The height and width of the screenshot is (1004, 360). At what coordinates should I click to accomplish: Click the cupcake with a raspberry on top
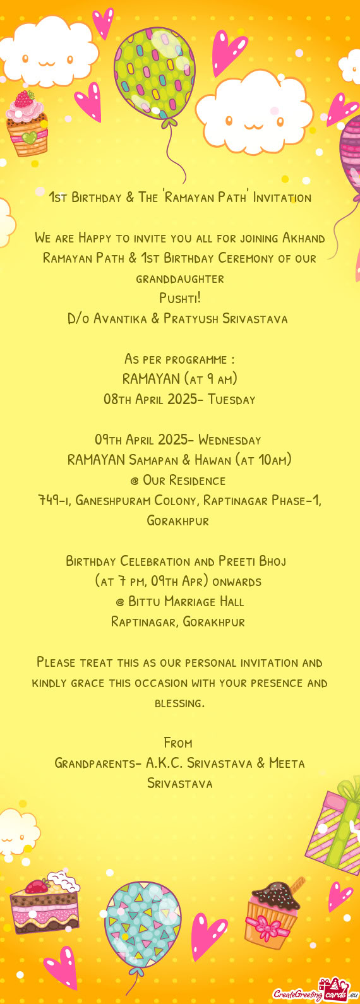(27, 124)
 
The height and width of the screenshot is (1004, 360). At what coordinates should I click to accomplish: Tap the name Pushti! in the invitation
(179, 298)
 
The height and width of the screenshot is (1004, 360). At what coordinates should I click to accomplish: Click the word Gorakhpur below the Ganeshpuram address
(177, 521)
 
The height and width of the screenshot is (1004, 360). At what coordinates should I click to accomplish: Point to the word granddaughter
(179, 278)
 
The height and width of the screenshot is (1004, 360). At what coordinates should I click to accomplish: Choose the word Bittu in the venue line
(145, 602)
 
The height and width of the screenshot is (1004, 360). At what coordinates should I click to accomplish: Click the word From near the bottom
(177, 743)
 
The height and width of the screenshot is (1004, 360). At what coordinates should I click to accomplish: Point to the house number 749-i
(53, 501)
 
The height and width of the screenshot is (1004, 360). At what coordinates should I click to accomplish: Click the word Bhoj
(271, 561)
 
